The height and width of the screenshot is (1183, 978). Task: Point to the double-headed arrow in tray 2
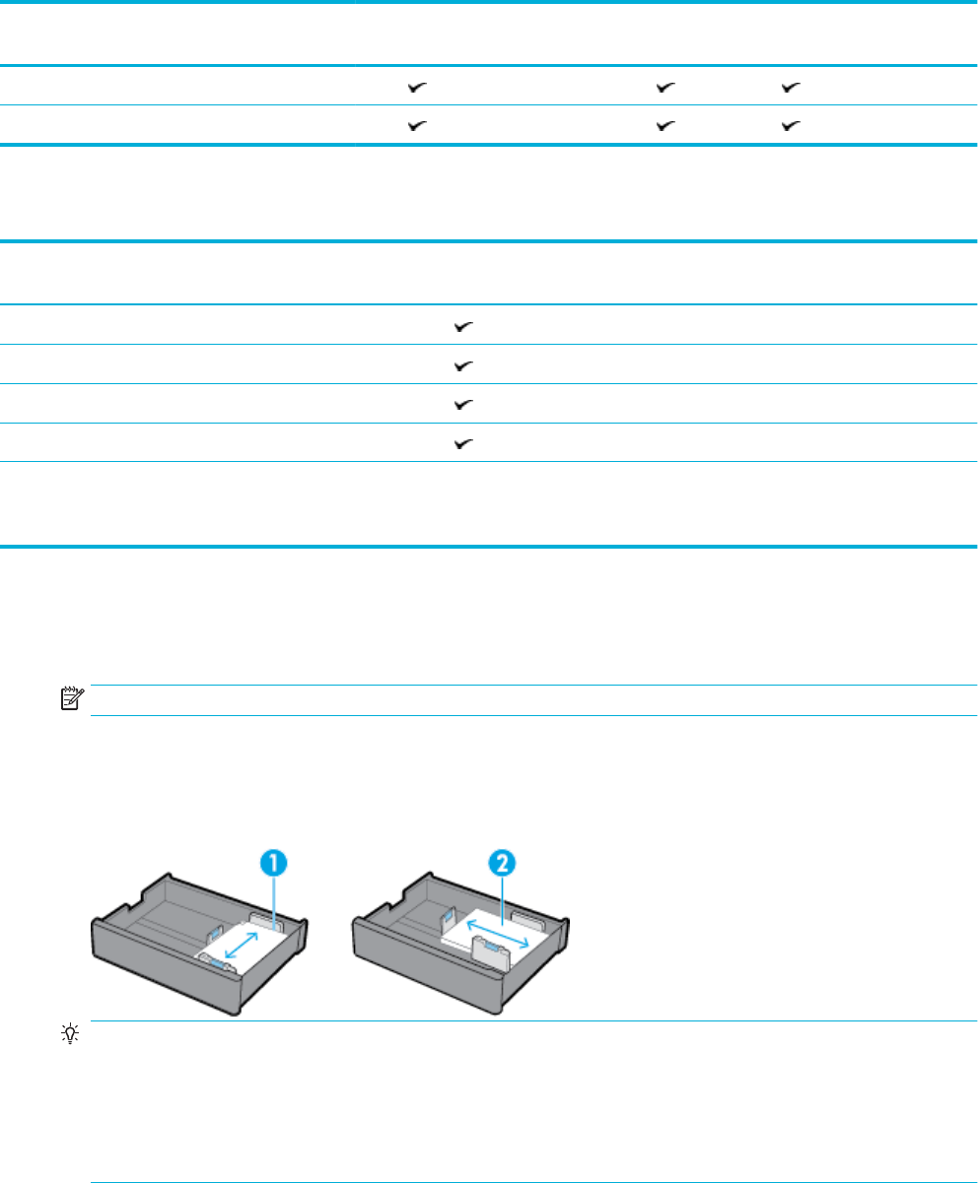(x=496, y=931)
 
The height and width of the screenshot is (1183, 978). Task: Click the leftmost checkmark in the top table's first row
(x=418, y=88)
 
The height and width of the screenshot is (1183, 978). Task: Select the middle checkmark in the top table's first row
(x=666, y=88)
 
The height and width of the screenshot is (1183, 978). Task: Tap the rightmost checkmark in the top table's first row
(x=791, y=88)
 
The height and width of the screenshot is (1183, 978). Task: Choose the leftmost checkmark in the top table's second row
(x=418, y=127)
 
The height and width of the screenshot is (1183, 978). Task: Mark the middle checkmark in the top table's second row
(x=666, y=127)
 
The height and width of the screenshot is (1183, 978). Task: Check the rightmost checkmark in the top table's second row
(x=791, y=127)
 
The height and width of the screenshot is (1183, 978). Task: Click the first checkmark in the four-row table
(x=462, y=326)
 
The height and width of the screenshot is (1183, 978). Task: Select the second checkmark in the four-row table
(x=462, y=365)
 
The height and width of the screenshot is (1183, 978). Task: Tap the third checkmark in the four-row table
(x=462, y=405)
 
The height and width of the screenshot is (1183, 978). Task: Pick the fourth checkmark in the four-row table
(x=462, y=444)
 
